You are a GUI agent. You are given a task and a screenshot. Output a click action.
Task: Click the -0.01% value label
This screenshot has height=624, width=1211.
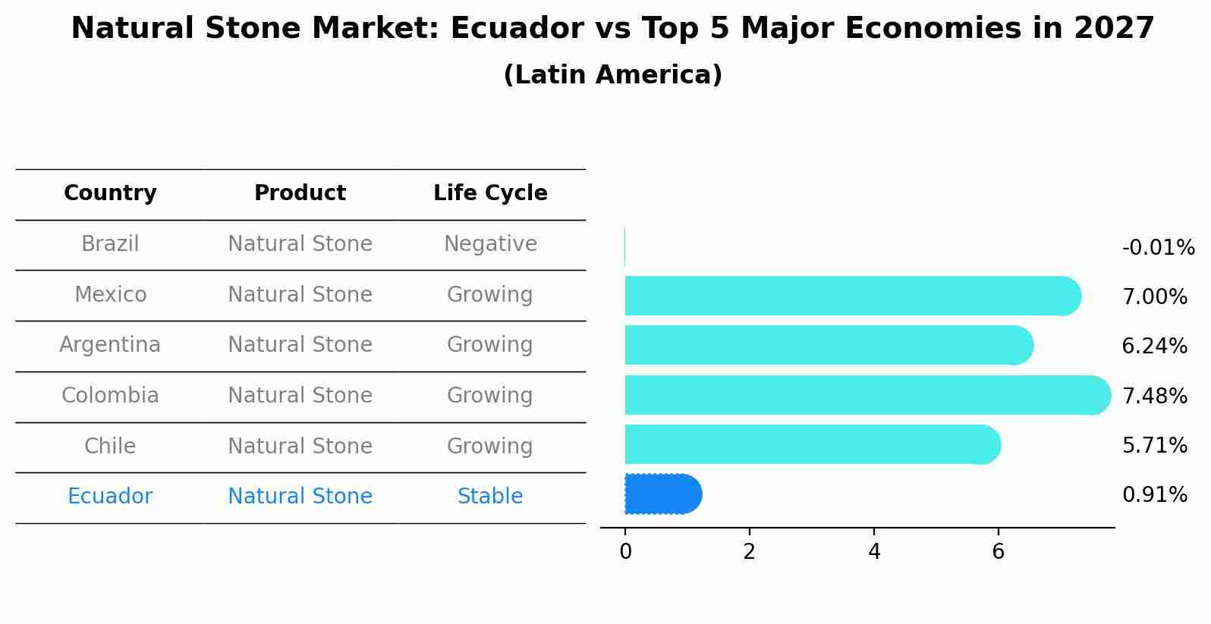(x=1158, y=248)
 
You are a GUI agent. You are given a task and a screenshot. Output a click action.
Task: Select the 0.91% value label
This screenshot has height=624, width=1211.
(x=1154, y=495)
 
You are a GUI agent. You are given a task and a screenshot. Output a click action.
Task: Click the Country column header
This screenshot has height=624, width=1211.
(x=110, y=193)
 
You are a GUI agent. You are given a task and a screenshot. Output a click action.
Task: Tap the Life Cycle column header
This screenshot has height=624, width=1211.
(x=490, y=193)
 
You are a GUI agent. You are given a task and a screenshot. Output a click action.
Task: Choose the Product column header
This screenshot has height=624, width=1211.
(x=300, y=193)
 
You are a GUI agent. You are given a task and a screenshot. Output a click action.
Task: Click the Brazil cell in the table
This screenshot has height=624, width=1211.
(x=110, y=244)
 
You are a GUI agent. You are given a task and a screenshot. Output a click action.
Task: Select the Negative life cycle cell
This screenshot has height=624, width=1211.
(x=490, y=244)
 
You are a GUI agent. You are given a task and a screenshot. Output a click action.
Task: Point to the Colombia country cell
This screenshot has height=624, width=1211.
(x=110, y=396)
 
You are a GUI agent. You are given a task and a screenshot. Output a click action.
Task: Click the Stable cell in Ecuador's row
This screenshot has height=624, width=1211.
(x=490, y=497)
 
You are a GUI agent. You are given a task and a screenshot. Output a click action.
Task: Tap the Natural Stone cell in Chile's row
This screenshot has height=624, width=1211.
(x=300, y=446)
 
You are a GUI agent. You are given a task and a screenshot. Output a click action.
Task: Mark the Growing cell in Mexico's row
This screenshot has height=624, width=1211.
(x=490, y=294)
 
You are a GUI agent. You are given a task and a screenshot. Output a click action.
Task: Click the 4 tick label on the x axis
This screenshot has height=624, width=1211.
(x=874, y=552)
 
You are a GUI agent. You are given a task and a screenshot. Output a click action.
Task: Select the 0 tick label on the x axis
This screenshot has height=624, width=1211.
(x=625, y=552)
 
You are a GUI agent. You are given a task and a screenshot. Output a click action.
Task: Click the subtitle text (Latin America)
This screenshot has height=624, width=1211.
(x=612, y=75)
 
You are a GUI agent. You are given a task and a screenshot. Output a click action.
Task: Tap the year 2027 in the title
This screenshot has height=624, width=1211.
(x=1114, y=29)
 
